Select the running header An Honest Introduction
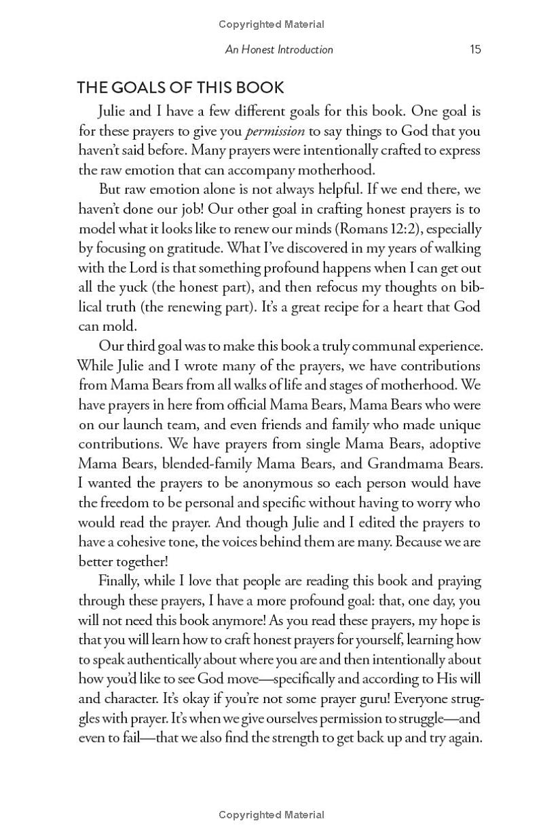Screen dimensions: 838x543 [279, 49]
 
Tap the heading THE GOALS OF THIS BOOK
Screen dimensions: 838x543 [181, 87]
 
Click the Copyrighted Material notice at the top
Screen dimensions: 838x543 [271, 24]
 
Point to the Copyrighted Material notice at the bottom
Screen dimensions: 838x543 [271, 815]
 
